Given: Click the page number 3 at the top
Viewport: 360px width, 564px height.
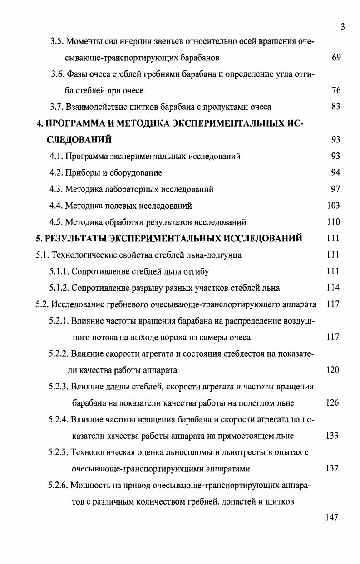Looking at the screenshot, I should (343, 27).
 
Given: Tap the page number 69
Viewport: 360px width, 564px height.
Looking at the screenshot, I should (336, 58).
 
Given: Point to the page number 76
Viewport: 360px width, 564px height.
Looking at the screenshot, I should (336, 91).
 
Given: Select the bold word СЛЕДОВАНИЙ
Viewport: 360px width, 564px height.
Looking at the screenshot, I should (79, 140).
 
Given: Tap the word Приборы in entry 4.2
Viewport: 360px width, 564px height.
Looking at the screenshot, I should (81, 173).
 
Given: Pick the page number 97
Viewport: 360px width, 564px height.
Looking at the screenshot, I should (336, 189).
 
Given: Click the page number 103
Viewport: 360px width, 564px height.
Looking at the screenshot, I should (333, 206).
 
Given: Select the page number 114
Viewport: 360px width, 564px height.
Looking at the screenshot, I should (333, 288).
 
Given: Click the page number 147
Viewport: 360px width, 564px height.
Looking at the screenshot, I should (331, 518).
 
